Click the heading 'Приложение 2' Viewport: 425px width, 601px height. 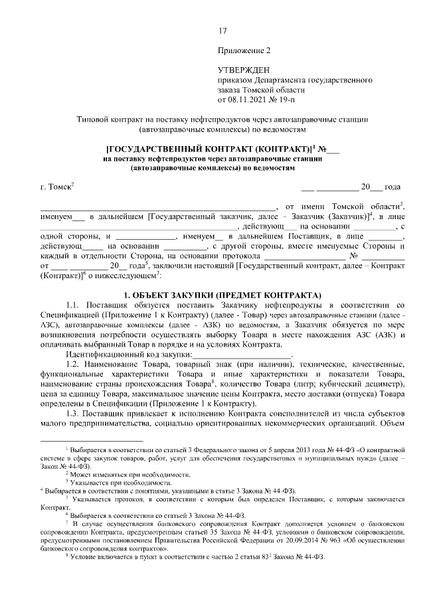click(x=244, y=50)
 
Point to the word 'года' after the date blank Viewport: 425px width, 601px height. click(x=393, y=187)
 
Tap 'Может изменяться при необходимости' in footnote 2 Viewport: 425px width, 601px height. click(x=131, y=473)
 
